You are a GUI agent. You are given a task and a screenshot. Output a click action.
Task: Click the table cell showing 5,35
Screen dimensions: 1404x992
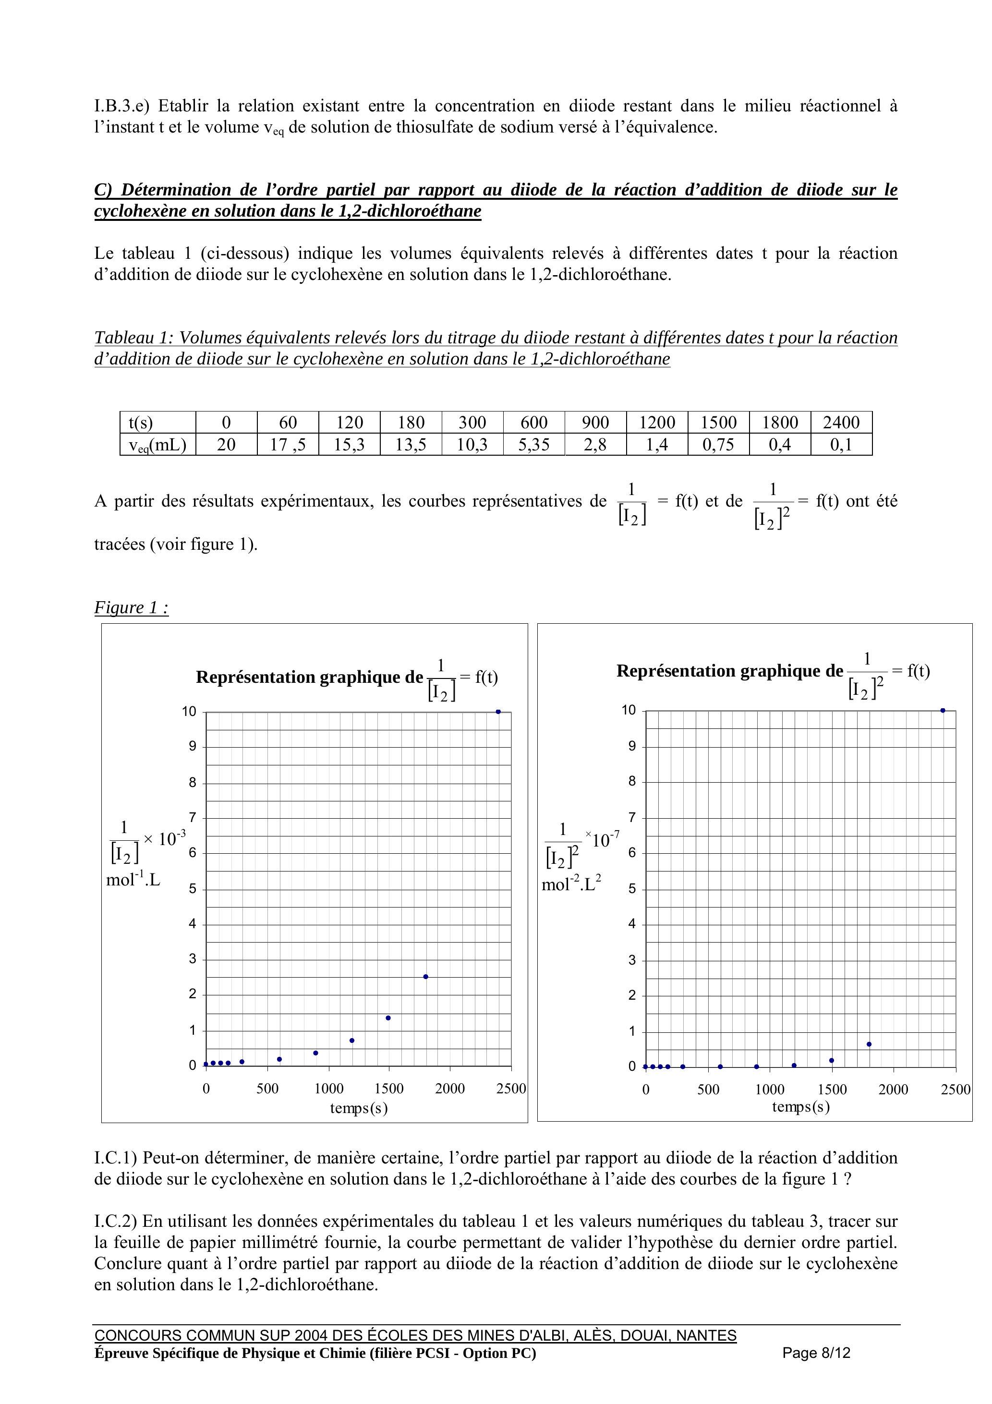[x=534, y=445]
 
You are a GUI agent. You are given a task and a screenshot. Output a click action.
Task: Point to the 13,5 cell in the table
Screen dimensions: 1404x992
[x=411, y=445]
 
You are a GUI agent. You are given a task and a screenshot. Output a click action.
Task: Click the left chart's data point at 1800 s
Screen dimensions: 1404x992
[x=426, y=977]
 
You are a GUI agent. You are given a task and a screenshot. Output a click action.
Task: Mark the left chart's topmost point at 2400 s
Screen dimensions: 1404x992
[x=498, y=712]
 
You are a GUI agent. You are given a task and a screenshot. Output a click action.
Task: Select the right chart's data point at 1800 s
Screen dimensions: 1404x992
[x=869, y=1044]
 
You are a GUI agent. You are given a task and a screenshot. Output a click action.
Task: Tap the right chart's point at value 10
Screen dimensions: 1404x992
[x=943, y=711]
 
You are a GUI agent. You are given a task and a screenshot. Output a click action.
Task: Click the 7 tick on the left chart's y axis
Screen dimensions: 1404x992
[x=193, y=818]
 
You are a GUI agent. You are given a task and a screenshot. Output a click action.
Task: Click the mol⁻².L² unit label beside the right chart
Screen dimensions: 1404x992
[x=571, y=884]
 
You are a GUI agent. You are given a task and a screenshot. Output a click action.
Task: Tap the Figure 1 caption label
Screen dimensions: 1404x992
[x=131, y=607]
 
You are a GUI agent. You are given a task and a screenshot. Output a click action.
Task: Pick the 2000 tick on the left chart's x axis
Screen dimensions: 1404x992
[x=450, y=1089]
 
